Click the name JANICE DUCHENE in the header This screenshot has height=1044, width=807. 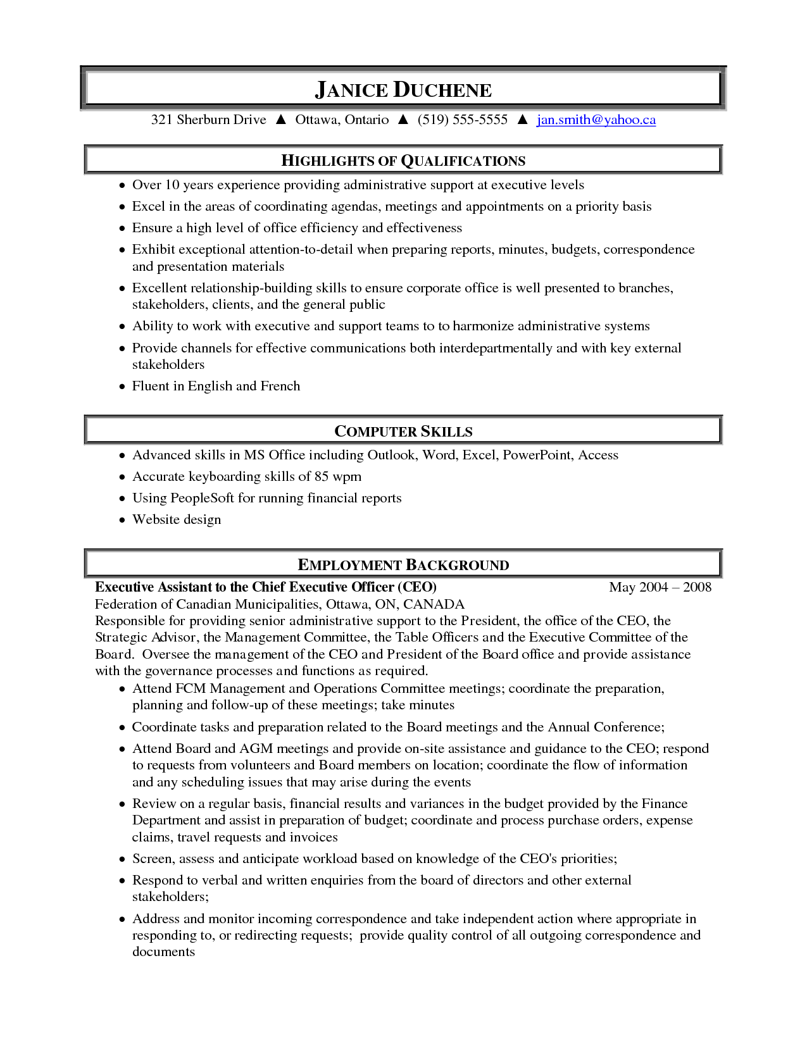(403, 90)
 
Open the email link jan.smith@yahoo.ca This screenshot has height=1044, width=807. (596, 120)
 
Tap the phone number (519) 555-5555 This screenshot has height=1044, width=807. (462, 120)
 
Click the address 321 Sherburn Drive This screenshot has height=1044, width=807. (208, 120)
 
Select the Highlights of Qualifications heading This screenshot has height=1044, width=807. (403, 161)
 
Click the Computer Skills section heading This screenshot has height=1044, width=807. (403, 432)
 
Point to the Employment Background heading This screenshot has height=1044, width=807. (403, 565)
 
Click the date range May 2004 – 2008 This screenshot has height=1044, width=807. (660, 587)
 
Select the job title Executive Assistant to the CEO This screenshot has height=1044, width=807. (266, 587)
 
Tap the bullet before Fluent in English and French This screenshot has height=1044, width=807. (123, 387)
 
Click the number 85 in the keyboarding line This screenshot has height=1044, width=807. (322, 476)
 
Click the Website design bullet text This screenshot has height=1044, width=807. (177, 519)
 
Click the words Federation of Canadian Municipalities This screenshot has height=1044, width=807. (207, 604)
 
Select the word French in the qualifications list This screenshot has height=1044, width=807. (280, 386)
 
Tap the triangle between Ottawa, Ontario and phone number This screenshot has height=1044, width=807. (403, 120)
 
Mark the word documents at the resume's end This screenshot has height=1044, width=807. (163, 952)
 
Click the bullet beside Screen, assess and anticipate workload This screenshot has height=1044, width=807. (123, 859)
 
